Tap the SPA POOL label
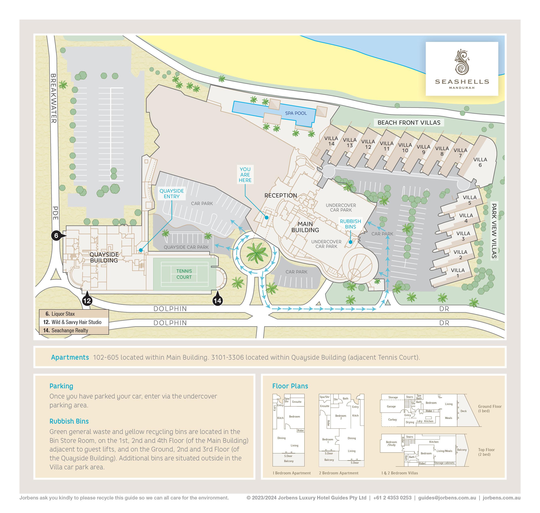point(296,113)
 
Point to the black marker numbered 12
point(87,301)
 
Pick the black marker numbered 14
point(217,301)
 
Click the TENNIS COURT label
point(184,274)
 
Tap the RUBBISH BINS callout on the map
point(350,224)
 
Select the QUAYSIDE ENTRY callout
point(172,194)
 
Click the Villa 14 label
point(331,141)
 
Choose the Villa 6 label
point(480,162)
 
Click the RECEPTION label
point(280,195)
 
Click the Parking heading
point(61,386)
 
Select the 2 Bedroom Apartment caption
point(339,473)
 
